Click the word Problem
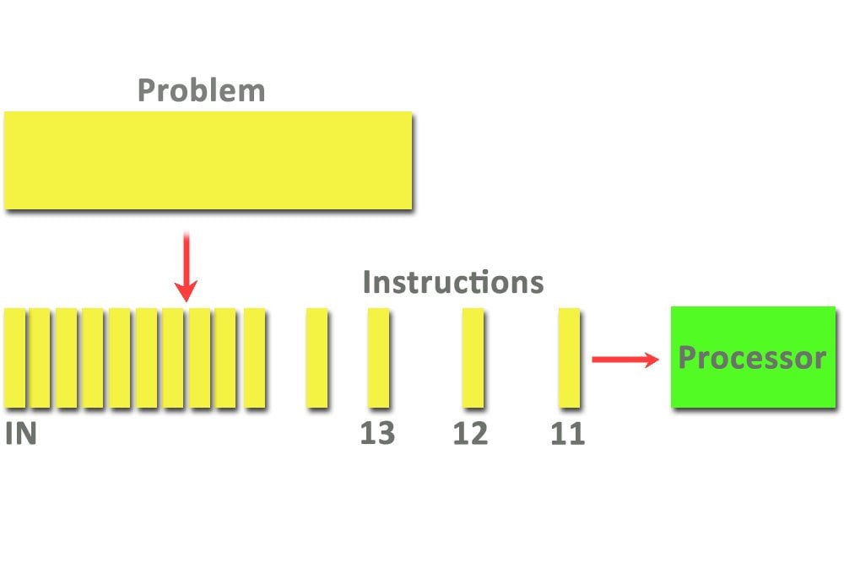pos(201,90)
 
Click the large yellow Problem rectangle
pos(208,160)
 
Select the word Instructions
pos(452,282)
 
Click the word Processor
pos(752,358)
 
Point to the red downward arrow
pos(187,266)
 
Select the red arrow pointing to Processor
pos(625,360)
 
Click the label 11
pos(567,434)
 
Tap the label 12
pos(470,434)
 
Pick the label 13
pos(377,434)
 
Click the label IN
pos(20,434)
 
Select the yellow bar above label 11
pos(569,358)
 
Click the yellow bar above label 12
pos(473,358)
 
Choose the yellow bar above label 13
pos(379,358)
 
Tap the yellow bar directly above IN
pos(14,358)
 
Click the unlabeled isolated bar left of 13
pos(316,358)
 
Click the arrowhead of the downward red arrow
pos(187,290)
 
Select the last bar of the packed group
pos(254,358)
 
